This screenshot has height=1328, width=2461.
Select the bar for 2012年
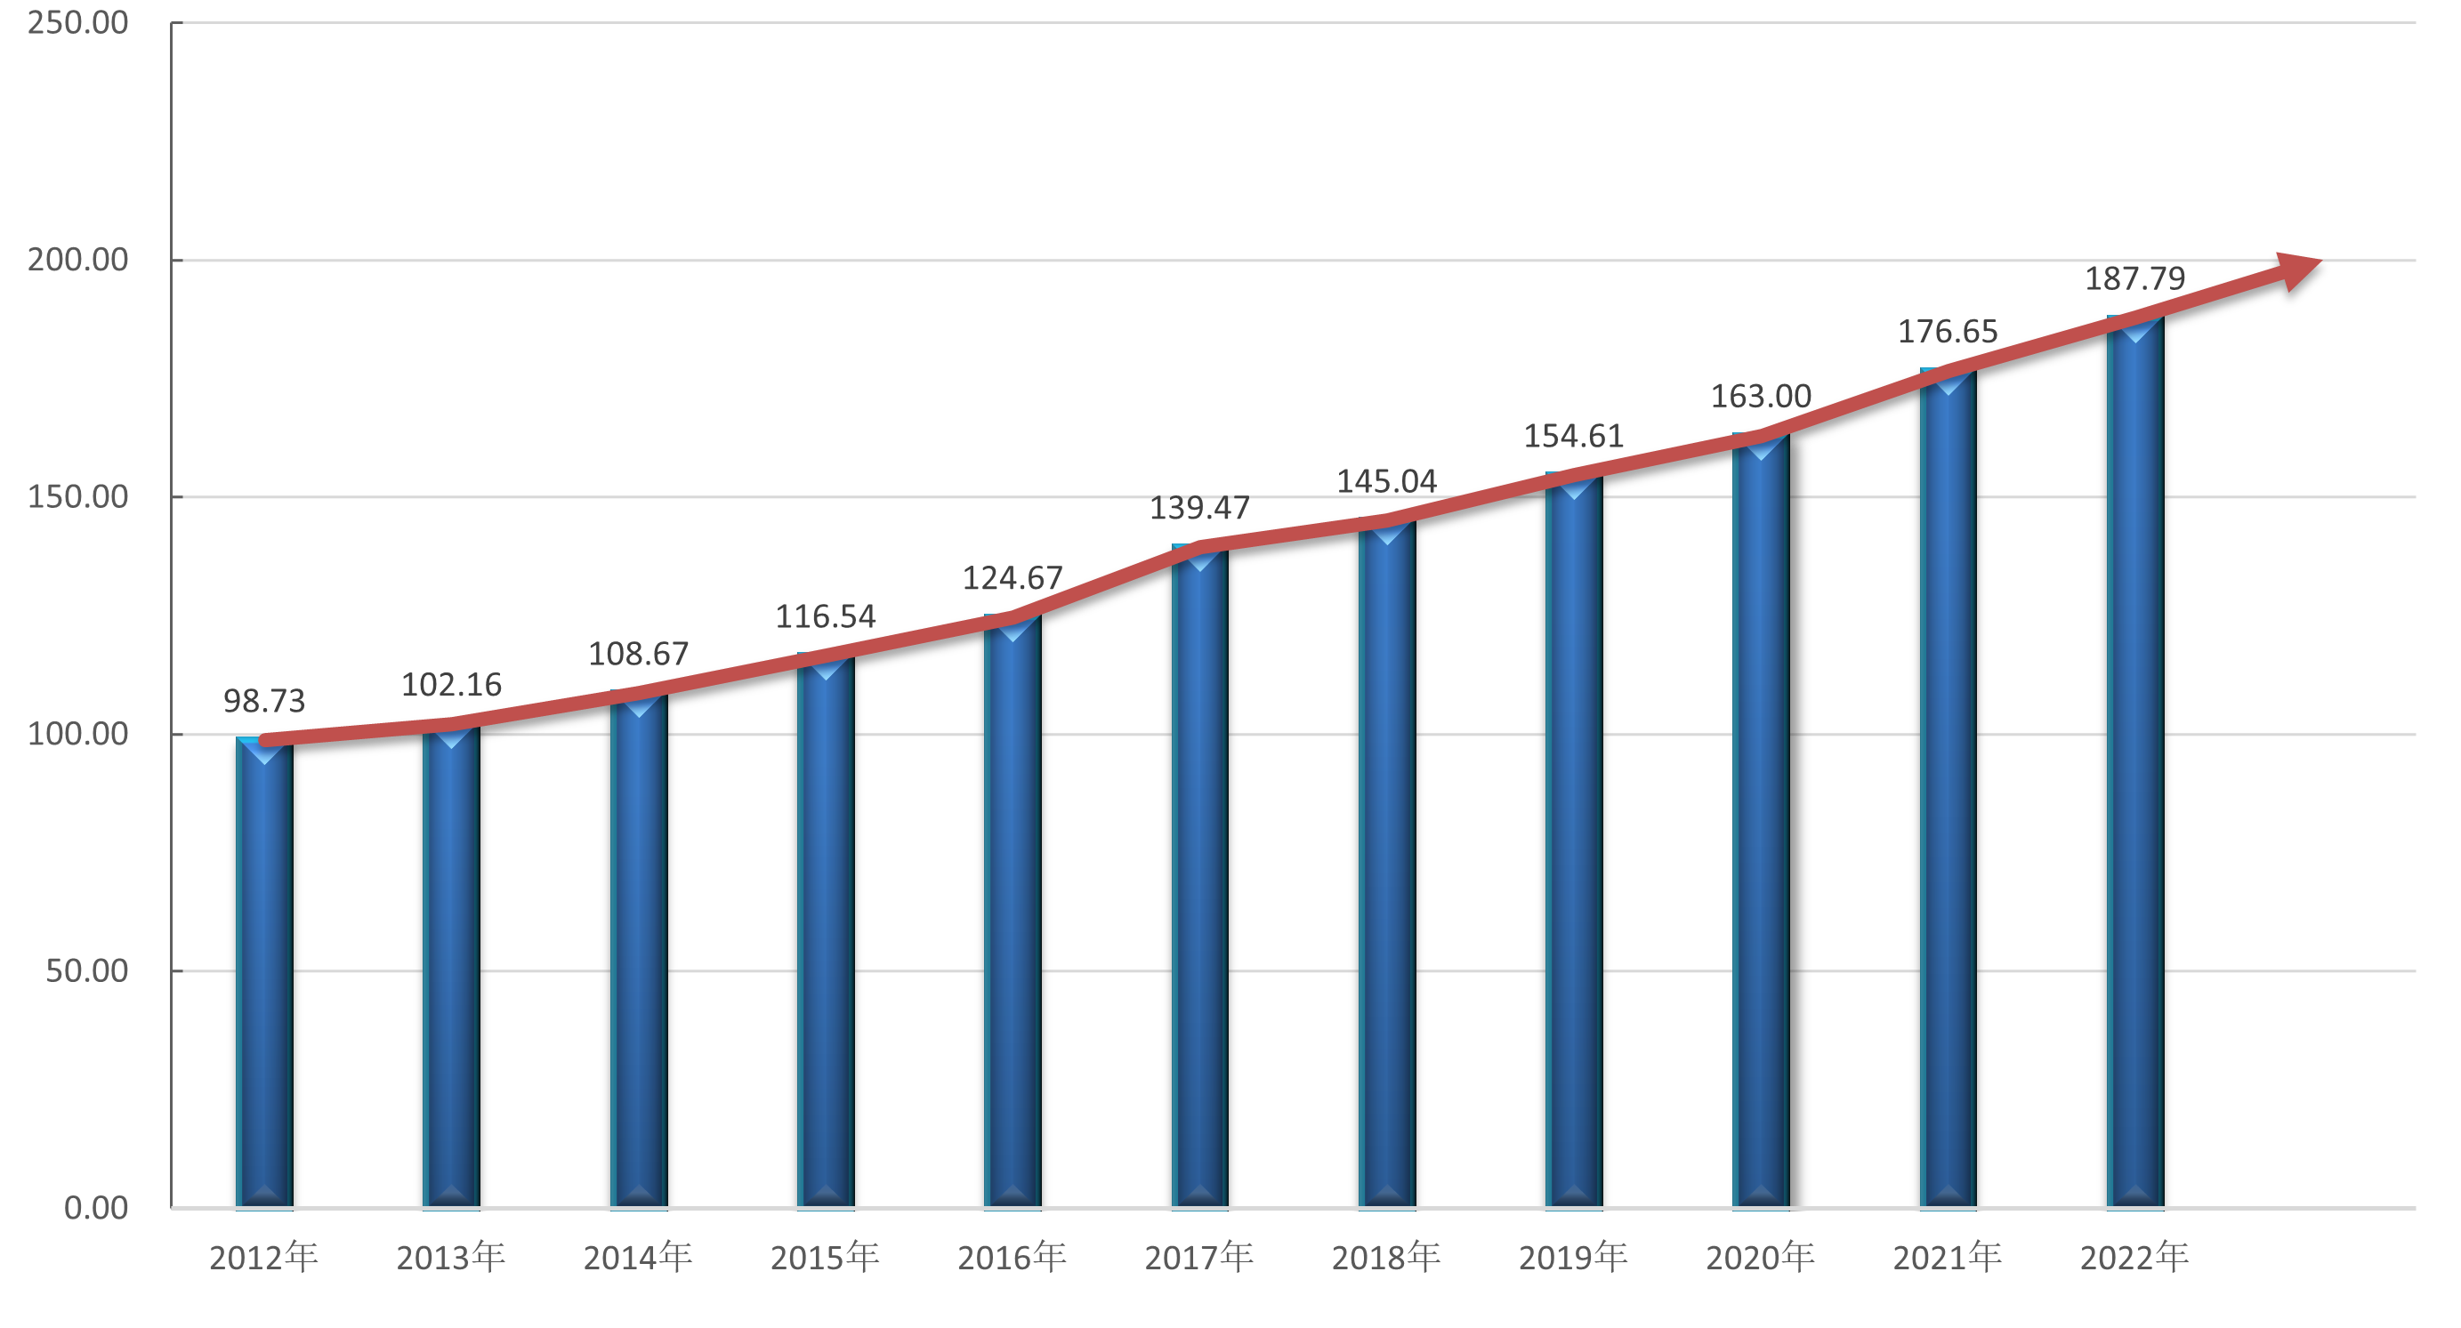click(263, 975)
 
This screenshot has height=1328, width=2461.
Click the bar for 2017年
click(1199, 879)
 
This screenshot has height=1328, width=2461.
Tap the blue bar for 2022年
click(2134, 764)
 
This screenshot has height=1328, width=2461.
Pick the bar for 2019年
click(1573, 841)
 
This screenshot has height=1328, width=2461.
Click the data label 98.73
click(263, 701)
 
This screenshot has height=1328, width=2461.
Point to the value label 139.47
click(1199, 508)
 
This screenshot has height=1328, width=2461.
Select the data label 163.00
click(1761, 397)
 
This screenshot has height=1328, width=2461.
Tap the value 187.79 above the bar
click(2134, 279)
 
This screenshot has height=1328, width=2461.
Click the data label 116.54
click(826, 616)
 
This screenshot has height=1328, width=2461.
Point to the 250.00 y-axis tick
click(77, 23)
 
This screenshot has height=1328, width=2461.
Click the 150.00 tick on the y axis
click(77, 497)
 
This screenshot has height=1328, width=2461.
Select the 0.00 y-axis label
click(95, 1208)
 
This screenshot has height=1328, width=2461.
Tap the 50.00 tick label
click(86, 970)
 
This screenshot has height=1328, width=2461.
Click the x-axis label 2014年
click(638, 1258)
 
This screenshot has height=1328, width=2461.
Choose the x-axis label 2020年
click(1761, 1258)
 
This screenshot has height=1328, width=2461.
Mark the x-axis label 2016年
click(1012, 1258)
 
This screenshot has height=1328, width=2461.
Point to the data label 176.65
click(1947, 332)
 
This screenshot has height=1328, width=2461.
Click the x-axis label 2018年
click(1386, 1258)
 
